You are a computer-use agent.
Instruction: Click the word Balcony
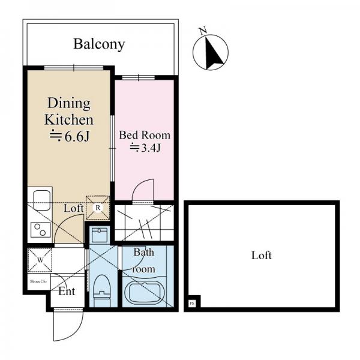tap(99, 44)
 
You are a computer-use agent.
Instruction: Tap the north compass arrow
tap(210, 52)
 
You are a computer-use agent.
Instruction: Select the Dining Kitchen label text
tap(69, 112)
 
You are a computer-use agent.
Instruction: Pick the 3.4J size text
tap(145, 148)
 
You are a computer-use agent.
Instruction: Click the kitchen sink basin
tap(41, 199)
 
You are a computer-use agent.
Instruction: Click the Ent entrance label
tap(67, 292)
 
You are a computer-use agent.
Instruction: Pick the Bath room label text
tap(145, 260)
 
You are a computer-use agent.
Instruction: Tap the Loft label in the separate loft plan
tap(261, 256)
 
